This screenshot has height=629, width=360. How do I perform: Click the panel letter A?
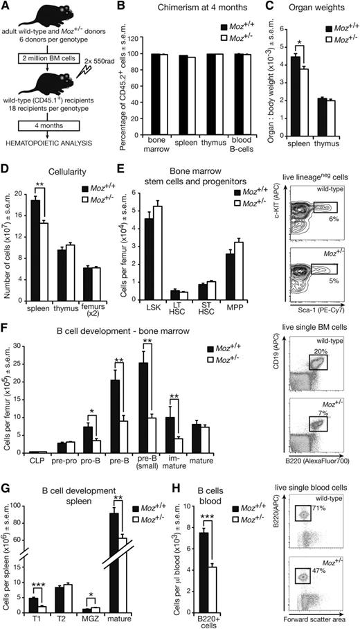pos(6,6)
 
